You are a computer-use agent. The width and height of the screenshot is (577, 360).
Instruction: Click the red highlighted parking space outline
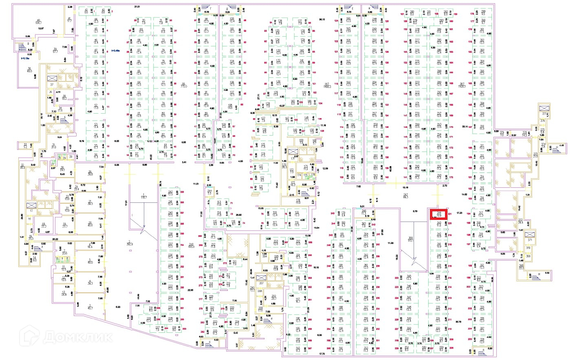pyautogui.click(x=439, y=214)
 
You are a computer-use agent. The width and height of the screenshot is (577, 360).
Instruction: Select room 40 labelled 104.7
pyautogui.click(x=39, y=22)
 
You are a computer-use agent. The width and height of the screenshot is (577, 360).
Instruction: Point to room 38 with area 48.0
pyautogui.click(x=29, y=70)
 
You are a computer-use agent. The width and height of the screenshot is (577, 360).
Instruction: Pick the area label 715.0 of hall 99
pyautogui.click(x=183, y=85)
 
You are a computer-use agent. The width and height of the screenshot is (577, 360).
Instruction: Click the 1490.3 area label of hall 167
pyautogui.click(x=327, y=85)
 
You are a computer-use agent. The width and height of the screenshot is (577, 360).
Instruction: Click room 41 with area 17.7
pyautogui.click(x=69, y=20)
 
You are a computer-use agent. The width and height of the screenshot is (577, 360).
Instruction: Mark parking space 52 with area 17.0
pyautogui.click(x=96, y=107)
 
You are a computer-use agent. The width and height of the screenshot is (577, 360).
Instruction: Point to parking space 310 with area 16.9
pyautogui.click(x=482, y=128)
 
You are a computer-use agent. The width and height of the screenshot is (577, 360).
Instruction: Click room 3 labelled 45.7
pyautogui.click(x=90, y=306)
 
